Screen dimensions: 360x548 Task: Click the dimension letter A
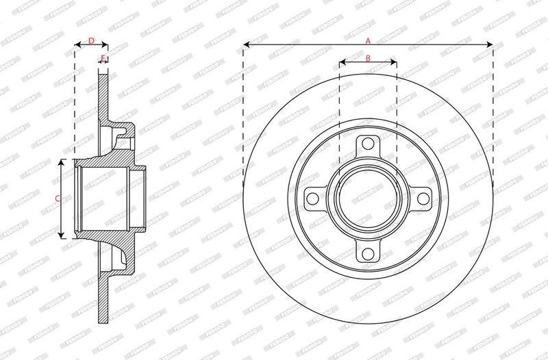(x=368, y=40)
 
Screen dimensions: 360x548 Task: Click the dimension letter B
(x=368, y=58)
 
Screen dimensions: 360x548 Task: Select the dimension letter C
(x=58, y=198)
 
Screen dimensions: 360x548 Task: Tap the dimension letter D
(x=91, y=41)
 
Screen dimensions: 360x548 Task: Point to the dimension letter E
(x=103, y=58)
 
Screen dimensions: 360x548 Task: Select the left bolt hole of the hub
(x=312, y=199)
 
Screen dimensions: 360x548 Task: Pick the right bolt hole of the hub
(x=423, y=199)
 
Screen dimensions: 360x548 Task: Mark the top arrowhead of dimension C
(x=64, y=162)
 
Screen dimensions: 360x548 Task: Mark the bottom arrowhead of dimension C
(x=64, y=236)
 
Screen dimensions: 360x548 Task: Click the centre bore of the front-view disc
(x=368, y=199)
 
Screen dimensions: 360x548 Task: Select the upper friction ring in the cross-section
(x=103, y=96)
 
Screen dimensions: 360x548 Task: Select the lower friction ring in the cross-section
(x=103, y=301)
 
